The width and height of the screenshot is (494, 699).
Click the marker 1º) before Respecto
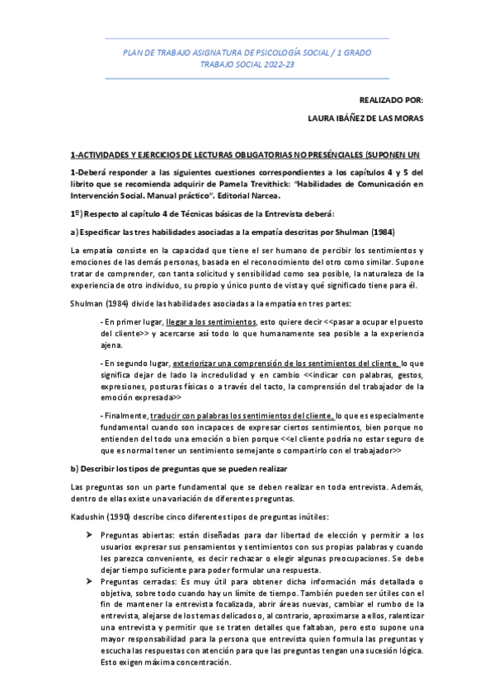click(79, 213)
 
